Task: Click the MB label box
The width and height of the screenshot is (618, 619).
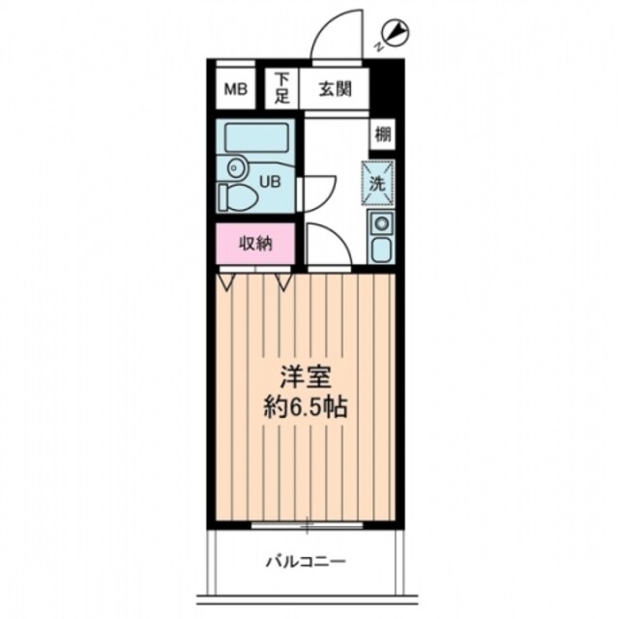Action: (236, 91)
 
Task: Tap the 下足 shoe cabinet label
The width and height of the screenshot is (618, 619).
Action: (281, 90)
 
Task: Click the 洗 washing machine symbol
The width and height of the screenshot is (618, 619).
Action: (380, 181)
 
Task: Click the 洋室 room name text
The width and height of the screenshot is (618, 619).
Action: (303, 374)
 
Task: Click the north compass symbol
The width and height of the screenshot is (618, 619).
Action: (397, 31)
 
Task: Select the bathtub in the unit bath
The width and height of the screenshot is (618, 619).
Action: (253, 136)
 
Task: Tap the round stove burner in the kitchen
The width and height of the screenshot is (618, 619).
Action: (380, 225)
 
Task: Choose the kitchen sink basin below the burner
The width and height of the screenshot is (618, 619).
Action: (380, 251)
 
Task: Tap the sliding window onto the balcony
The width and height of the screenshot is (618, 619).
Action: (305, 525)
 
